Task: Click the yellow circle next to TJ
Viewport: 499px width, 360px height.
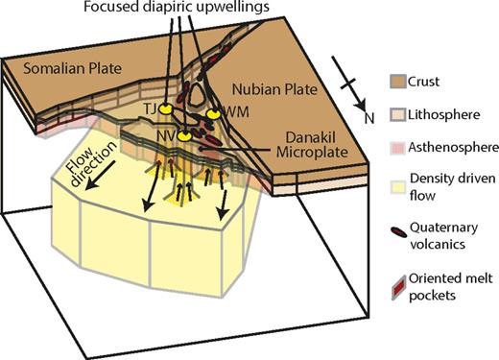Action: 165,107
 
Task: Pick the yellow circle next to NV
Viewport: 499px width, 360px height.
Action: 181,133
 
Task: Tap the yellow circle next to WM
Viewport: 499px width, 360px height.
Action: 212,112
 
